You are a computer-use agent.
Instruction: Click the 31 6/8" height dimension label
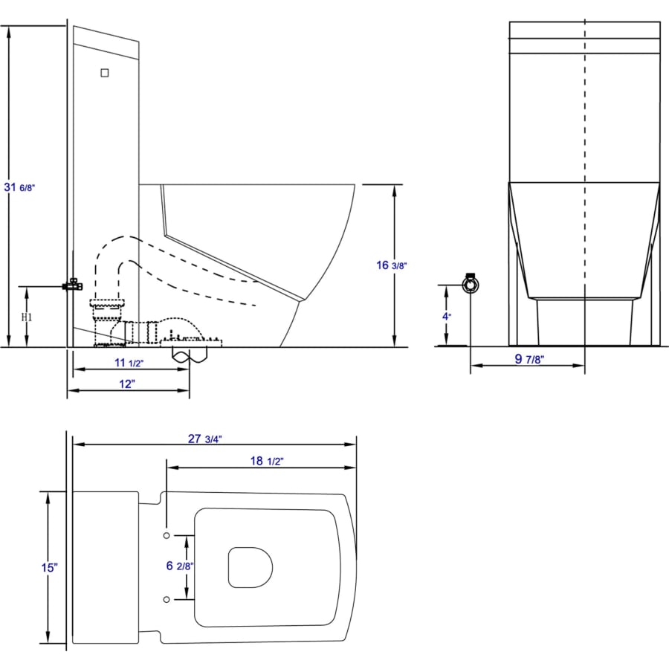(x=20, y=188)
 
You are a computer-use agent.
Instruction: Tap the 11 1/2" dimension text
(x=128, y=363)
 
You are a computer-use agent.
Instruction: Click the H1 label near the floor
(x=27, y=317)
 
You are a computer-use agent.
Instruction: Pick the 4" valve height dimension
(x=445, y=315)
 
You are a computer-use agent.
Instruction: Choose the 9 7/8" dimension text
(x=530, y=360)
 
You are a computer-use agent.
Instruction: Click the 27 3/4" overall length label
(x=204, y=439)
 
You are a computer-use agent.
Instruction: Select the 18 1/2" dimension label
(x=266, y=462)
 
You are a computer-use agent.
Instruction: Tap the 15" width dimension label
(x=50, y=568)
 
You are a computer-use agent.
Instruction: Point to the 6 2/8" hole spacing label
(x=180, y=566)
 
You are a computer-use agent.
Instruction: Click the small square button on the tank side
(x=105, y=73)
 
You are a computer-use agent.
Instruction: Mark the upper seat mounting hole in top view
(x=167, y=535)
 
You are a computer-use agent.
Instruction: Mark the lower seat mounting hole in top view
(x=167, y=598)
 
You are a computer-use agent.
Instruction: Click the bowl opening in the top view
(x=250, y=566)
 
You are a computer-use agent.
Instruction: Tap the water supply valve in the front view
(x=470, y=285)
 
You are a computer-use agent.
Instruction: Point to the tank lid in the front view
(x=585, y=30)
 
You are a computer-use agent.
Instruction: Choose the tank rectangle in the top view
(x=106, y=567)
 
